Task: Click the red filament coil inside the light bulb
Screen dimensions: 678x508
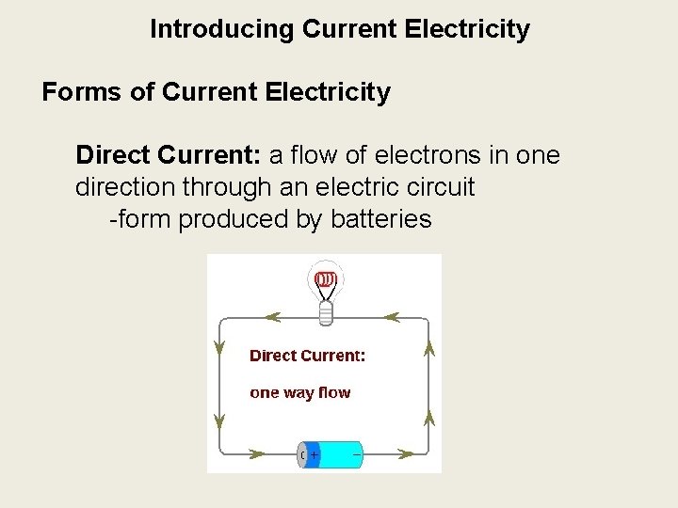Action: coord(325,278)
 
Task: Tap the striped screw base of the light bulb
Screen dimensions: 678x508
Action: coord(326,312)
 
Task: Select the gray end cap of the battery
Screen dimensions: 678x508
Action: coord(302,455)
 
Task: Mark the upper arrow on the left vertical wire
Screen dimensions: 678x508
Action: coord(220,349)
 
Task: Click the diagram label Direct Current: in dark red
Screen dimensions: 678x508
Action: coord(307,356)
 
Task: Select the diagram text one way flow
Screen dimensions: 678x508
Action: coord(299,392)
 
